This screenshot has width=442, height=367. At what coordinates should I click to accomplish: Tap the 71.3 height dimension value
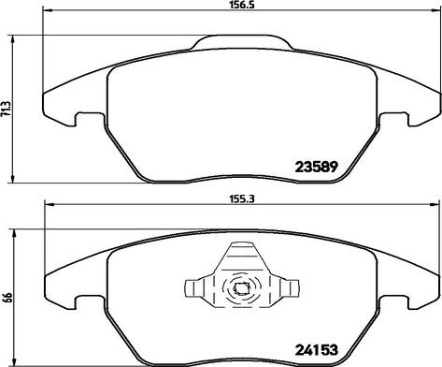(7, 109)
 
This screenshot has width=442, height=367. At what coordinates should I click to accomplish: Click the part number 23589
(316, 167)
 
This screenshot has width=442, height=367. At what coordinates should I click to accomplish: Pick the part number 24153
(316, 349)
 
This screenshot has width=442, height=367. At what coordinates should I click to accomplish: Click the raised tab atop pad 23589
(242, 42)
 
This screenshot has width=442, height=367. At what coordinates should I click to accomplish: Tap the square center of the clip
(241, 288)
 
